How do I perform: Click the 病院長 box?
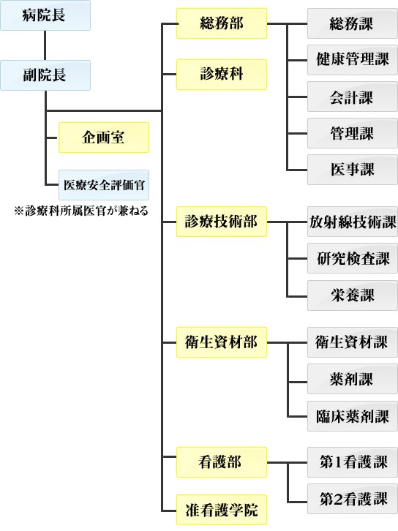tap(45, 15)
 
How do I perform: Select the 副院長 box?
tap(45, 75)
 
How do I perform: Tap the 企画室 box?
tap(104, 138)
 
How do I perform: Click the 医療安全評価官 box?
tap(104, 185)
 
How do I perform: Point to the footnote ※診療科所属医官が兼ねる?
tap(81, 211)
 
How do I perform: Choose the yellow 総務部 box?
tap(222, 23)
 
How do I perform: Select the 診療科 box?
tap(222, 75)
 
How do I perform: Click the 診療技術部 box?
tap(222, 222)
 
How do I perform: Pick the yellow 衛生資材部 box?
tap(222, 342)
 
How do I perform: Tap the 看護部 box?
tap(222, 462)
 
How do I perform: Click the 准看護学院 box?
tap(222, 510)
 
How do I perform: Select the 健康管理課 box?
tap(352, 60)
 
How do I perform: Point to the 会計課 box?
tap(352, 97)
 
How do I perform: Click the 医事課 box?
tap(352, 170)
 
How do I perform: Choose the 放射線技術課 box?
tap(352, 222)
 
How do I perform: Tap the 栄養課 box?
tap(352, 295)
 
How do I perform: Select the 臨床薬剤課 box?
tap(352, 416)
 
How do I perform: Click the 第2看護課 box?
tap(352, 499)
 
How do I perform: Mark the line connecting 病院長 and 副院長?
tap(45, 45)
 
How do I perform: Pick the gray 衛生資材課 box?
tap(352, 342)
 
